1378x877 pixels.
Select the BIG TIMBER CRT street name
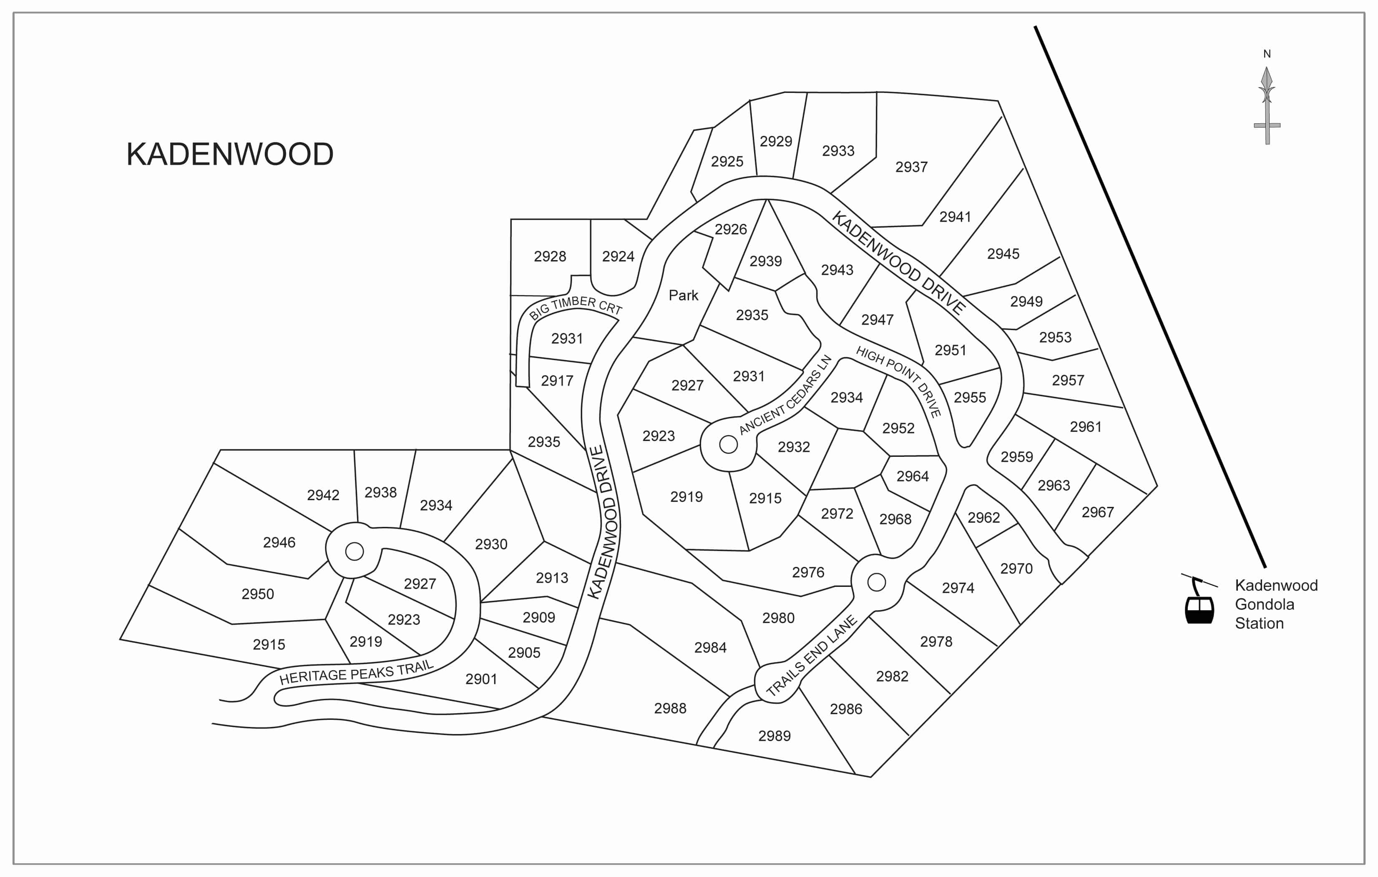coord(575,307)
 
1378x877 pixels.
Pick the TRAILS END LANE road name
coord(812,656)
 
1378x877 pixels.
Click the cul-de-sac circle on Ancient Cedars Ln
coord(729,444)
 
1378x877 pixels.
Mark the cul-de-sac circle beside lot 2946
coord(355,551)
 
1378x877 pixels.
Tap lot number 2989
coord(774,736)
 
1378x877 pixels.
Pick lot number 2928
coord(550,256)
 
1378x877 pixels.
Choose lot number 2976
coord(808,572)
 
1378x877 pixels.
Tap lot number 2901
coord(481,679)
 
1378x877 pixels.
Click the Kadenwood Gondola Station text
coord(1276,604)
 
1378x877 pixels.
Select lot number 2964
coord(913,476)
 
